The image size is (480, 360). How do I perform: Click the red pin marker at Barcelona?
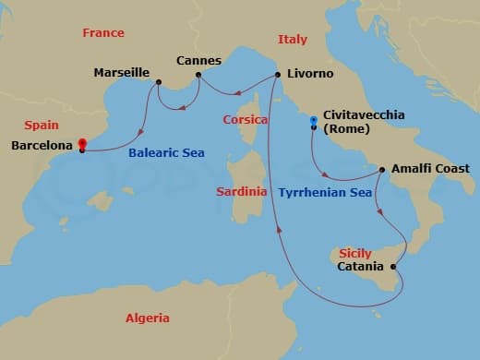pyautogui.click(x=82, y=145)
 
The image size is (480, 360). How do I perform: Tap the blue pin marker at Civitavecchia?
pyautogui.click(x=314, y=122)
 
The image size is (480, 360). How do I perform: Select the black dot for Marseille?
pyautogui.click(x=159, y=82)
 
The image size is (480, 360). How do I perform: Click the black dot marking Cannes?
pyautogui.click(x=198, y=75)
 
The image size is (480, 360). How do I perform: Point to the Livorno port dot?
pyautogui.click(x=278, y=75)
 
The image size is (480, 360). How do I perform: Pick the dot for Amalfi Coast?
pyautogui.click(x=382, y=169)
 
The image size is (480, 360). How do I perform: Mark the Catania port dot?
pyautogui.click(x=394, y=268)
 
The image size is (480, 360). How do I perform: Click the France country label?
pyautogui.click(x=103, y=33)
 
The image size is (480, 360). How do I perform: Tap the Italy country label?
pyautogui.click(x=293, y=40)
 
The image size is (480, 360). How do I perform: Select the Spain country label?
pyautogui.click(x=42, y=126)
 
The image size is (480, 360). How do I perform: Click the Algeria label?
pyautogui.click(x=148, y=318)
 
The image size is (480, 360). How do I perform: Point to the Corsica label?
pyautogui.click(x=246, y=120)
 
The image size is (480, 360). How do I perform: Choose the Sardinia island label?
pyautogui.click(x=241, y=192)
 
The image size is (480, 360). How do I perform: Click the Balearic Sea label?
pyautogui.click(x=166, y=153)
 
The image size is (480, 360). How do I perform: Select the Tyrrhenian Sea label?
pyautogui.click(x=324, y=193)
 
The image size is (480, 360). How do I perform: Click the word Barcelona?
pyautogui.click(x=42, y=146)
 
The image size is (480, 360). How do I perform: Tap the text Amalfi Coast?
pyautogui.click(x=430, y=169)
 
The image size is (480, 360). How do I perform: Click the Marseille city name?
pyautogui.click(x=122, y=72)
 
